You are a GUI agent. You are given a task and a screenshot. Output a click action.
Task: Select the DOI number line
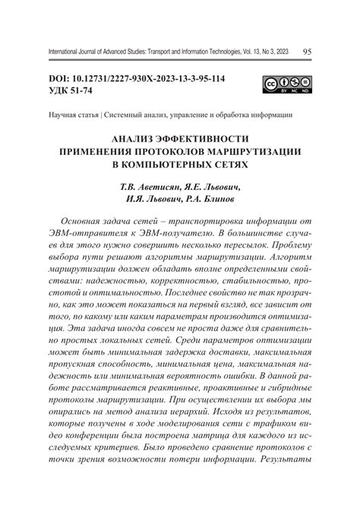tap(137, 80)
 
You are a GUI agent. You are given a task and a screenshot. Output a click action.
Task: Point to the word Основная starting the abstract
tap(85, 219)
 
